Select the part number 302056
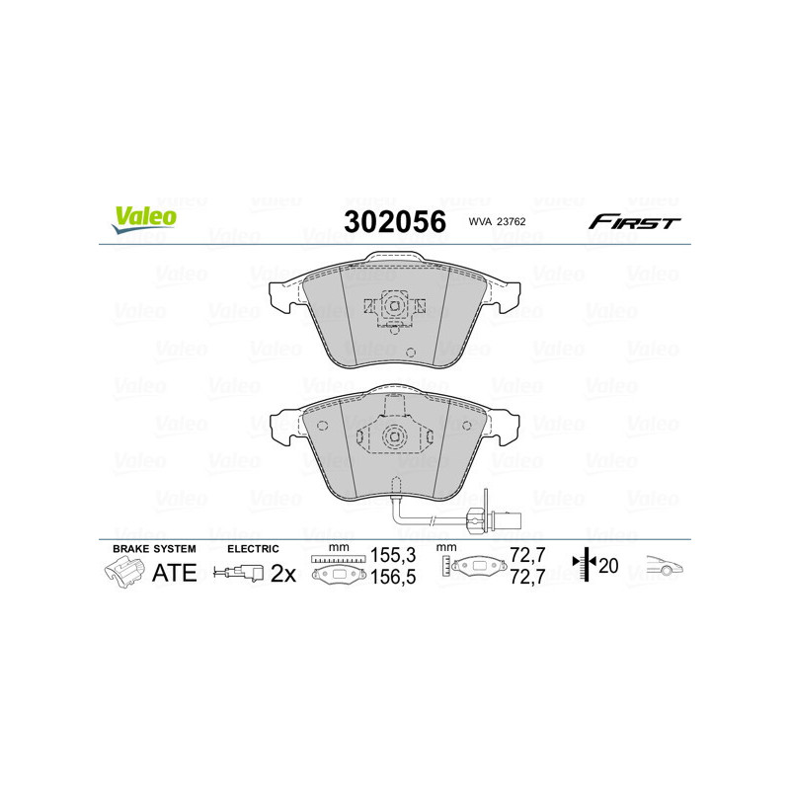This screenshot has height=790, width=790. [393, 221]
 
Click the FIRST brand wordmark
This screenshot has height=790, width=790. [634, 222]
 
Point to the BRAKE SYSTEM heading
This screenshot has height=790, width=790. [154, 547]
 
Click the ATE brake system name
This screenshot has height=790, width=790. [174, 572]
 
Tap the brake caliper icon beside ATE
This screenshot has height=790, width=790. [122, 572]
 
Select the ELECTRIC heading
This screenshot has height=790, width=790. [254, 547]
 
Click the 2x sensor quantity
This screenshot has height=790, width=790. [283, 572]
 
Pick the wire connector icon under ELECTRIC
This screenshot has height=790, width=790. [239, 572]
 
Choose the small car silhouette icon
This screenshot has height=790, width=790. [664, 566]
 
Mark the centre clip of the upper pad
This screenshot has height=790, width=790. [393, 308]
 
